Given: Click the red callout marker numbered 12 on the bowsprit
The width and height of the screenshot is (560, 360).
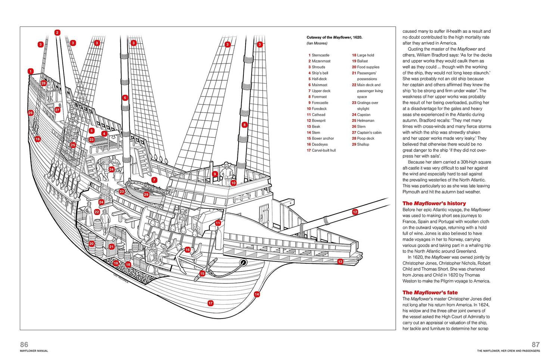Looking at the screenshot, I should click(x=355, y=212).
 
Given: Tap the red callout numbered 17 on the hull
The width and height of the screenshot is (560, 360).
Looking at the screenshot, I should click(x=211, y=303).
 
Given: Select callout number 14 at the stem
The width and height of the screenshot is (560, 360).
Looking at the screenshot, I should click(x=257, y=294).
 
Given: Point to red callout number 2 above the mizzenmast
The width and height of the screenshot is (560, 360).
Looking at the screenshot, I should click(x=57, y=32).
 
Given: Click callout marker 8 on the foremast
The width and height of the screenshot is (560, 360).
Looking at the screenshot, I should click(x=245, y=125).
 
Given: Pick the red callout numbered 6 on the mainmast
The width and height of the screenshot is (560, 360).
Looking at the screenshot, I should click(x=125, y=98).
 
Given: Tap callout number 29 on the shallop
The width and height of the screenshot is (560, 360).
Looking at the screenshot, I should click(x=146, y=195).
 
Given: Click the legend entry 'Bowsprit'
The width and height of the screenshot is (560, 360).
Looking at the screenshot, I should click(x=318, y=121).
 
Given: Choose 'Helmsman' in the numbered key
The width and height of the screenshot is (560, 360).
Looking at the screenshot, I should click(x=365, y=121).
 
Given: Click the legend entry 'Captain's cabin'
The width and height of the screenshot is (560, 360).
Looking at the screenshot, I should click(x=369, y=133).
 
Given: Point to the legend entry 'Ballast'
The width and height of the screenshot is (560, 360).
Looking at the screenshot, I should click(x=362, y=61).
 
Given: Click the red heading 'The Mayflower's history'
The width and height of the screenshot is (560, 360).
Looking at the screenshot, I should click(x=434, y=204).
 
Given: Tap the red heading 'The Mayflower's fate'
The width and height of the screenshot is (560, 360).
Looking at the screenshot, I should click(x=430, y=293).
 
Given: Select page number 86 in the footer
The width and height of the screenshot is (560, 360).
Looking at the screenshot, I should click(x=24, y=344).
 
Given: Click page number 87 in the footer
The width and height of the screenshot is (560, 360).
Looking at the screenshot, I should click(x=535, y=344).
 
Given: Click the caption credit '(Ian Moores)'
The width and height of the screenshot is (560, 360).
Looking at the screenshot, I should click(x=317, y=43).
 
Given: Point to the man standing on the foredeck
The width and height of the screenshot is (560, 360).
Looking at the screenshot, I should click(x=226, y=173).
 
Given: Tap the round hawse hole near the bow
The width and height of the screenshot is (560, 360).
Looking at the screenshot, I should click(x=243, y=262).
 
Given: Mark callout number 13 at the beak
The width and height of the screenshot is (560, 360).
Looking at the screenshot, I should click(x=340, y=261).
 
